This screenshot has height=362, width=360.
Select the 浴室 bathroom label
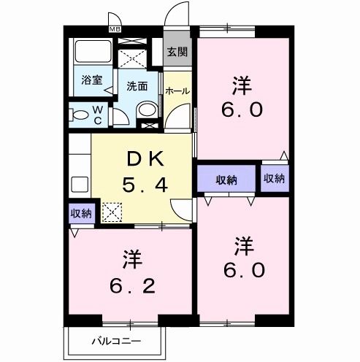pos(92,80)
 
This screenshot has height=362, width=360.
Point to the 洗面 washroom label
pos(137,86)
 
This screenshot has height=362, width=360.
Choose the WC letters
pos(97,115)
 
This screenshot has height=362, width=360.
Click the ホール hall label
pos(177,91)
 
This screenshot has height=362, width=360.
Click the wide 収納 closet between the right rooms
pos(226,180)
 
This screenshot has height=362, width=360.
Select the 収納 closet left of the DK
pos(81,213)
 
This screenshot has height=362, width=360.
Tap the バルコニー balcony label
pos(115,341)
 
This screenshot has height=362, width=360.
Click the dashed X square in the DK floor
pos(112,213)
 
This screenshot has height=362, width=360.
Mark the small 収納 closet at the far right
pos(274,180)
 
